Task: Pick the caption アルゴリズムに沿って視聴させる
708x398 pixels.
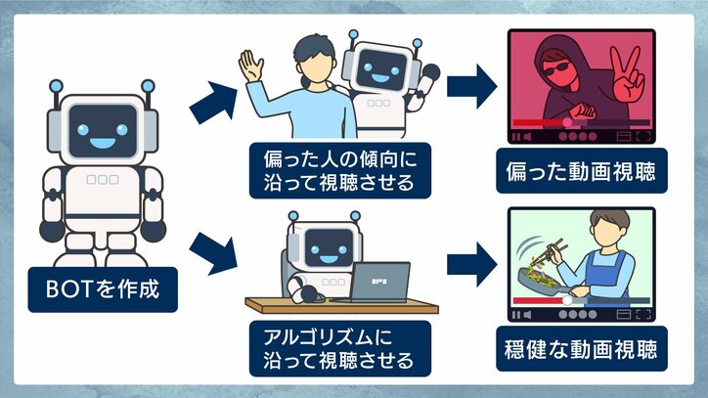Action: [x=333, y=348]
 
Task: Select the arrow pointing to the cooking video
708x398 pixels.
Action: [x=472, y=265]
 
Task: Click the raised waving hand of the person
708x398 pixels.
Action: [x=252, y=68]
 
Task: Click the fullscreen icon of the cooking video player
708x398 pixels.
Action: [x=643, y=315]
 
